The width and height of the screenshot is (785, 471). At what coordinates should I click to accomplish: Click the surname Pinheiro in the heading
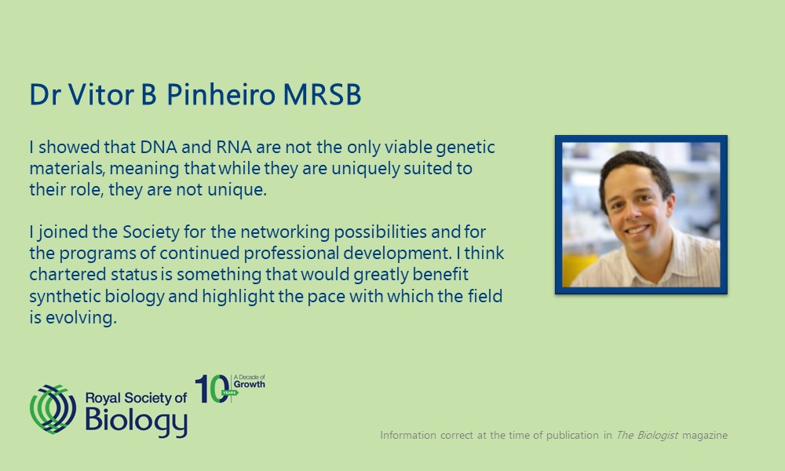[221, 94]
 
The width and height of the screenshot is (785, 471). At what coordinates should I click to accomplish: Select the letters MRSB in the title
[322, 95]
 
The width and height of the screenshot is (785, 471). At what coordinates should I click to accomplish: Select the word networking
[285, 233]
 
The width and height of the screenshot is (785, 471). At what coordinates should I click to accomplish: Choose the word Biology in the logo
[136, 421]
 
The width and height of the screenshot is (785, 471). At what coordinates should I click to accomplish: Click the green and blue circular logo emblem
[53, 409]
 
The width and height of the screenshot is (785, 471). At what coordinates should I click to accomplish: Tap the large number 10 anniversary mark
[213, 389]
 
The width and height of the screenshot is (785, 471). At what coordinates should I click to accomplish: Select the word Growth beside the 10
[250, 385]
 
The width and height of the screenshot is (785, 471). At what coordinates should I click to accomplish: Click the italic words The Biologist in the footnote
[647, 435]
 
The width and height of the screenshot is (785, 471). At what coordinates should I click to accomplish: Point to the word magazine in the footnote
[705, 436]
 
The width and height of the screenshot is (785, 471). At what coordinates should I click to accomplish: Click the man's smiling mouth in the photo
[637, 231]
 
